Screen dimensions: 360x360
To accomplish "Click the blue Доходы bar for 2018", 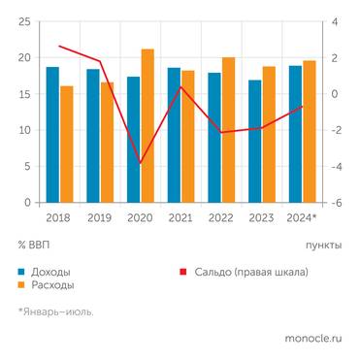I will (52, 135).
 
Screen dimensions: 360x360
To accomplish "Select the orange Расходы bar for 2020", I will (147, 126).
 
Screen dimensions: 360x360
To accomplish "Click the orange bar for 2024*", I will (310, 132).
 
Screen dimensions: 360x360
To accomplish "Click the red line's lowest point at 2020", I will (141, 163).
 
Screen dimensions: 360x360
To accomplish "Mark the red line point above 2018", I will (59, 46).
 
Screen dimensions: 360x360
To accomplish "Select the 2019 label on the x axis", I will (100, 218).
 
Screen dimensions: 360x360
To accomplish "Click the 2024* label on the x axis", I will (303, 218).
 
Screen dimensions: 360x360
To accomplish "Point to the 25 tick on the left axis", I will (24, 21).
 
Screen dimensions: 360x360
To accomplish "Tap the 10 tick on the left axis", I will (24, 130).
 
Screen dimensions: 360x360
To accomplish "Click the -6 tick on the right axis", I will (336, 203).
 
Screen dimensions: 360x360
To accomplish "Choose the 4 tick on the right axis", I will (336, 21).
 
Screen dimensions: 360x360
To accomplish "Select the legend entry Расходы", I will (52, 285).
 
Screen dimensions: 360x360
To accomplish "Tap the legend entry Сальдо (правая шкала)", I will (247, 272).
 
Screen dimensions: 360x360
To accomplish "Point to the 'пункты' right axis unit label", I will (323, 245).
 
